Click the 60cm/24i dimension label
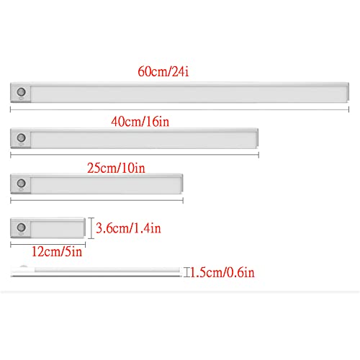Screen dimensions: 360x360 (x=163, y=71)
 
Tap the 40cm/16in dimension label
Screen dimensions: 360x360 (x=140, y=122)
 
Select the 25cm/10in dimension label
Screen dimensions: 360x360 (x=116, y=168)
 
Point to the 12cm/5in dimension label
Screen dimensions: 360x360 (x=57, y=252)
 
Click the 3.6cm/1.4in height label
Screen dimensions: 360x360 (x=128, y=228)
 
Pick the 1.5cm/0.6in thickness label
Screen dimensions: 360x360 (x=222, y=272)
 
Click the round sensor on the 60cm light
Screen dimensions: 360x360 (x=21, y=91)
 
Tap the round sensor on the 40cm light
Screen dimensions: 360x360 (x=21, y=138)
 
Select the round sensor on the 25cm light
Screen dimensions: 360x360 (x=21, y=183)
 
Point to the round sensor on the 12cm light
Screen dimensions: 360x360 (x=21, y=227)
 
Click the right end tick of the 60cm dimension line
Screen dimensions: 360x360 (x=348, y=109)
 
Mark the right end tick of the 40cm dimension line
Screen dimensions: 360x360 (x=258, y=155)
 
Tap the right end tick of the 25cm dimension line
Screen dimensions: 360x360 (x=183, y=200)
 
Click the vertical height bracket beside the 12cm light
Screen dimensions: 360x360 (x=91, y=228)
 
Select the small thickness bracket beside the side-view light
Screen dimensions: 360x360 (x=186, y=272)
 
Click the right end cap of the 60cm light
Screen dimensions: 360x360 (x=348, y=92)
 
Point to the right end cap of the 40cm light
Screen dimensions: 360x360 (x=257, y=138)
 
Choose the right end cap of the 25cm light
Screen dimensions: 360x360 (x=181, y=183)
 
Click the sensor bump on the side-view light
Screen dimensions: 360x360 (x=23, y=266)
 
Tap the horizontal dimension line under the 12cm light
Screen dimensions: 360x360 (x=48, y=245)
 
